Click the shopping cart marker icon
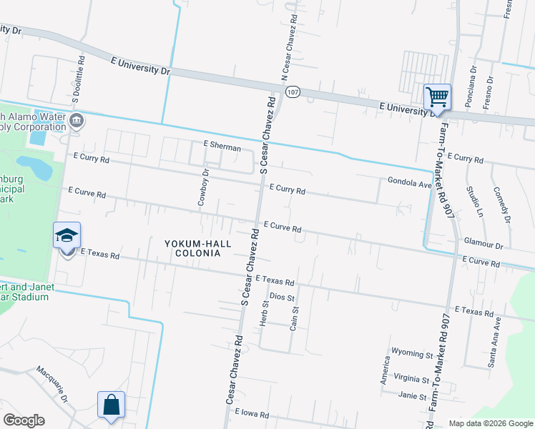pyautogui.click(x=437, y=96)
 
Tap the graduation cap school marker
pyautogui.click(x=67, y=235)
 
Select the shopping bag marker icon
pyautogui.click(x=112, y=404)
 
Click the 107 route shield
pyautogui.click(x=292, y=92)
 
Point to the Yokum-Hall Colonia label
pyautogui.click(x=194, y=248)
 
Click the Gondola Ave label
pyautogui.click(x=410, y=183)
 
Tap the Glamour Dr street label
pyautogui.click(x=484, y=245)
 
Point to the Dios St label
pyautogui.click(x=281, y=297)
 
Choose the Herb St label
pyautogui.click(x=264, y=315)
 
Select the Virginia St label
pyautogui.click(x=411, y=380)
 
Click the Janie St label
pyautogui.click(x=412, y=395)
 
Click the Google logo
pyautogui.click(x=24, y=420)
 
